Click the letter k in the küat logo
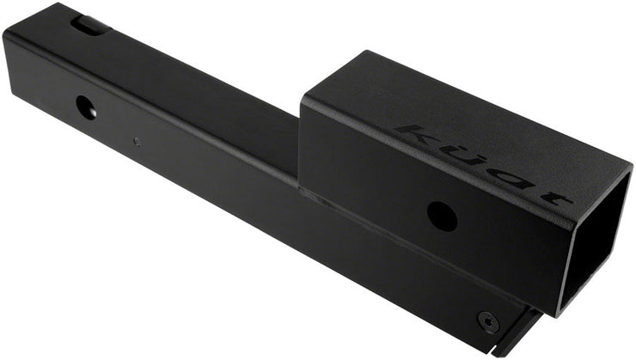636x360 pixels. [x=422, y=135]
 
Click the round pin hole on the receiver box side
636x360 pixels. [x=441, y=215]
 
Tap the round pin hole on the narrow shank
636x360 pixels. [x=87, y=108]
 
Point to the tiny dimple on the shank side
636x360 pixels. [x=136, y=139]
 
